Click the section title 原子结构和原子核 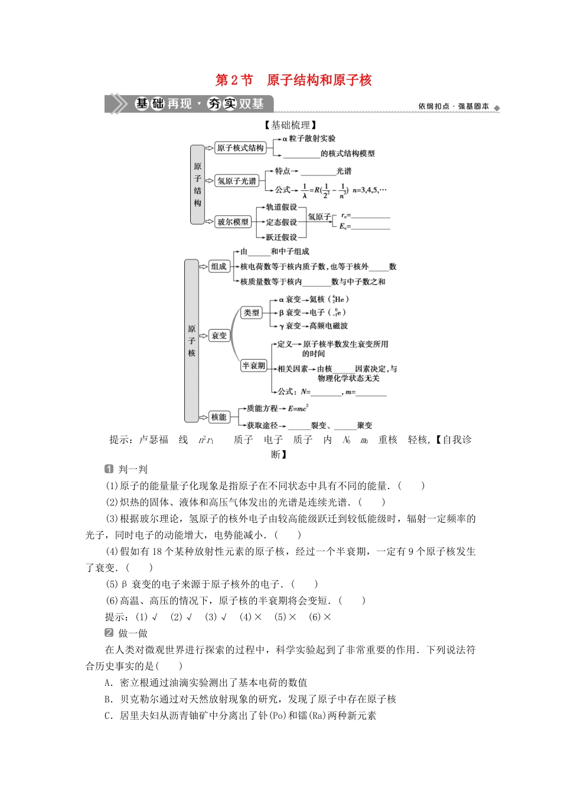pyautogui.click(x=319, y=80)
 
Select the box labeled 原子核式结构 pyautogui.click(x=240, y=148)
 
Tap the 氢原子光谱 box pyautogui.click(x=237, y=181)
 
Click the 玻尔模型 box pyautogui.click(x=233, y=222)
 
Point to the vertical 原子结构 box pyautogui.click(x=197, y=184)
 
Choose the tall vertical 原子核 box pyautogui.click(x=191, y=341)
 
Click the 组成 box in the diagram pyautogui.click(x=219, y=266)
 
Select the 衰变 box pyautogui.click(x=219, y=336)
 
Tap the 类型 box pyautogui.click(x=252, y=313)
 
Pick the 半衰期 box pyautogui.click(x=253, y=366)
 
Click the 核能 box pyautogui.click(x=218, y=417)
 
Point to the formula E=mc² pyautogui.click(x=298, y=408)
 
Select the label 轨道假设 pyautogui.click(x=281, y=207)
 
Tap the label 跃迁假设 pyautogui.click(x=281, y=237)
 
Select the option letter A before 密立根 pyautogui.click(x=108, y=683)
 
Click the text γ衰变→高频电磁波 pyautogui.click(x=313, y=326)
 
